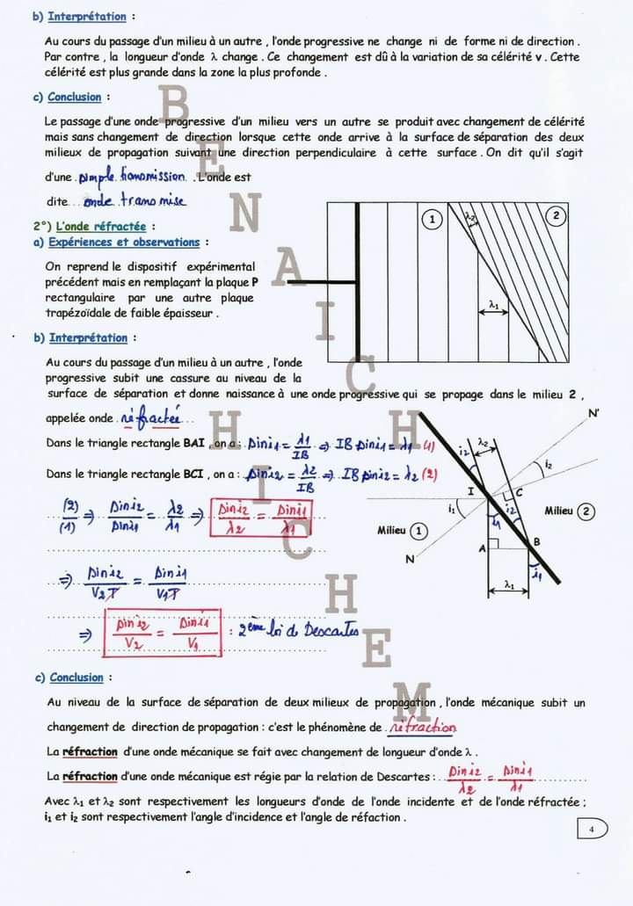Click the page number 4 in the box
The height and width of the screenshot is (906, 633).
click(592, 829)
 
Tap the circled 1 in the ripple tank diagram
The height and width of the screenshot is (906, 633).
click(432, 220)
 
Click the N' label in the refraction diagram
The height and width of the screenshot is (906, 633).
click(594, 413)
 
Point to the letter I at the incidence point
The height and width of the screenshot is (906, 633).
click(471, 491)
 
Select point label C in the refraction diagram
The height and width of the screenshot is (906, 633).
click(519, 492)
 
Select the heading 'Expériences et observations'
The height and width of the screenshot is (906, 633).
click(124, 242)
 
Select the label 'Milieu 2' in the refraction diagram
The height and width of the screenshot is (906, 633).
click(569, 511)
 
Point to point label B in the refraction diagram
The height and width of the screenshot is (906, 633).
click(536, 541)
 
